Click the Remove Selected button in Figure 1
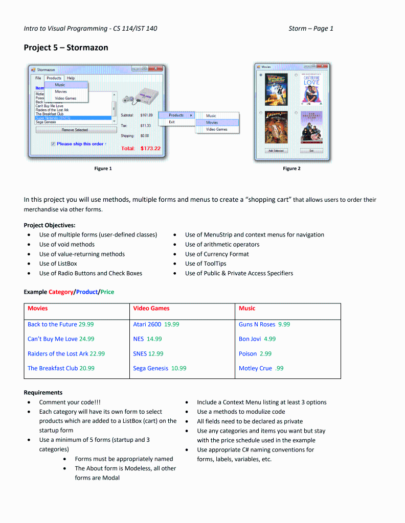(x=75, y=130)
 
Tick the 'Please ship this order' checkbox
(x=53, y=144)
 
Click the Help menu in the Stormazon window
(x=71, y=78)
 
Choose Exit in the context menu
(x=172, y=122)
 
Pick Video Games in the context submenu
(x=216, y=129)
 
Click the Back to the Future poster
(x=276, y=90)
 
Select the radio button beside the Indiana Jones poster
(x=261, y=113)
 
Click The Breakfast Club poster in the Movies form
(x=311, y=127)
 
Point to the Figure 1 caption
(x=103, y=169)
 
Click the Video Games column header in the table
(x=151, y=308)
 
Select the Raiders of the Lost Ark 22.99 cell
(x=66, y=353)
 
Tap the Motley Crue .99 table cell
(x=261, y=368)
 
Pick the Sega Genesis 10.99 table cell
(x=160, y=368)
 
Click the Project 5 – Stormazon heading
(x=66, y=47)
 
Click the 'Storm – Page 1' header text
(x=310, y=29)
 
